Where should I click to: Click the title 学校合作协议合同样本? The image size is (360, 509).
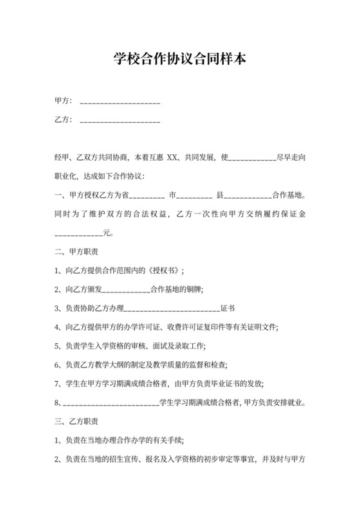tap(179, 60)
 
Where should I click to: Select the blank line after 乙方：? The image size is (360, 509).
tap(119, 121)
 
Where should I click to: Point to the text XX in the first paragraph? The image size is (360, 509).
tap(172, 157)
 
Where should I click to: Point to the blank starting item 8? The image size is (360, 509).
tap(110, 404)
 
